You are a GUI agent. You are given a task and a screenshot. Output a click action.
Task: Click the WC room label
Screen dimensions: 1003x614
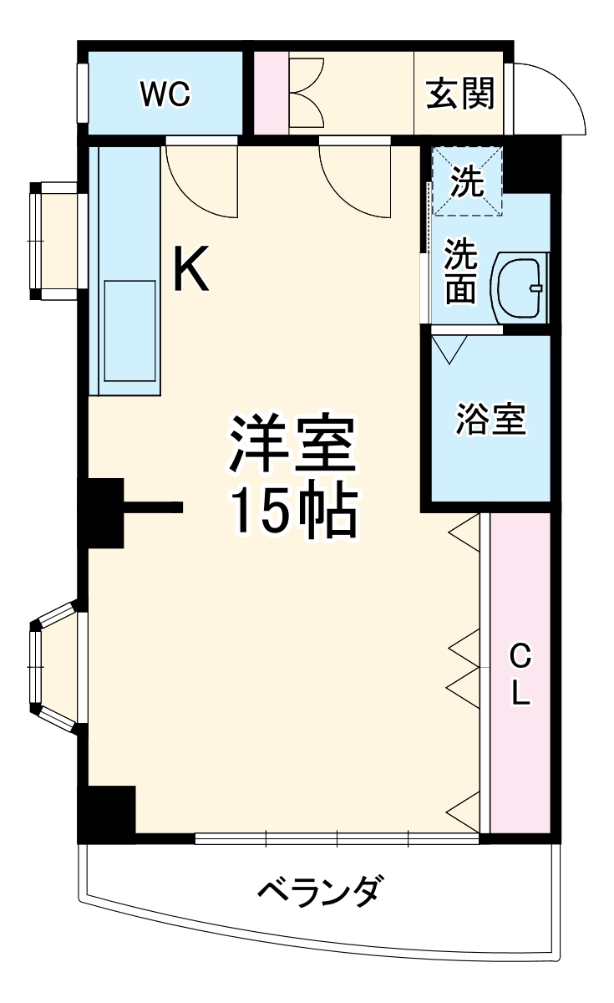(x=165, y=94)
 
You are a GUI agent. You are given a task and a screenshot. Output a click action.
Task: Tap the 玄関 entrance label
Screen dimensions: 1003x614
(x=460, y=94)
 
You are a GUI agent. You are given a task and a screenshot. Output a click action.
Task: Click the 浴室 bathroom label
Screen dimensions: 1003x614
(x=490, y=420)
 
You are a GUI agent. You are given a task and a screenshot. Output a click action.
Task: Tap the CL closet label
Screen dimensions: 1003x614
(x=520, y=675)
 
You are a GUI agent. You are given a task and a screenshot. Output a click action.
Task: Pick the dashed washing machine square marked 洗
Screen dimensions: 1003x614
(x=467, y=181)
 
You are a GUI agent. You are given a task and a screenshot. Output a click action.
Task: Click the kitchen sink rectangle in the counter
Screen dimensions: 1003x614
(x=129, y=332)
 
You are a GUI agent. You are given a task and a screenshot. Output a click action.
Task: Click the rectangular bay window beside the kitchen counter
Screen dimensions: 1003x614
(x=57, y=241)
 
